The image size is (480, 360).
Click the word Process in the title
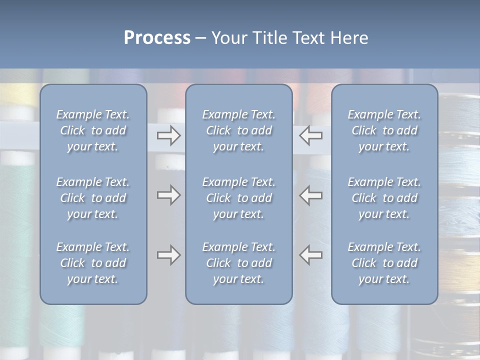pos(157,38)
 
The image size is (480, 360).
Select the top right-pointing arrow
pos(168,135)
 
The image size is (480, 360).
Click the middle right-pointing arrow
pos(168,195)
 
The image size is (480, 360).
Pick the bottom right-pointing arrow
pos(168,255)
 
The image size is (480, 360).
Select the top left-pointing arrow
pos(311,135)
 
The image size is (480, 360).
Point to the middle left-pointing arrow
pos(311,195)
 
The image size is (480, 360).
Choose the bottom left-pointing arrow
pos(311,255)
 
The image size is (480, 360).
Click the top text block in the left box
pos(93,130)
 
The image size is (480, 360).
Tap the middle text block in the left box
pos(93,198)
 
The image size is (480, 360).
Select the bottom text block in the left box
pos(93,263)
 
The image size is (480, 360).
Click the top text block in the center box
pos(239,130)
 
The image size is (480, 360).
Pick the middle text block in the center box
pos(239,198)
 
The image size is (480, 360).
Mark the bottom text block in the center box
pos(239,263)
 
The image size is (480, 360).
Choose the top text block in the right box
pos(384,130)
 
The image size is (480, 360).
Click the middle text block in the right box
pos(384,198)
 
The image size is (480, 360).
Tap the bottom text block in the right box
pos(384,263)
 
